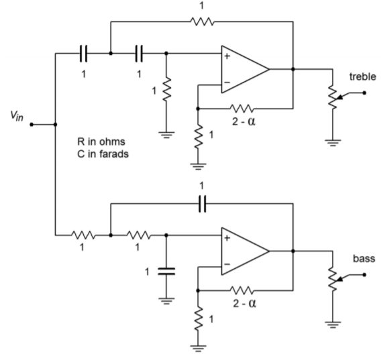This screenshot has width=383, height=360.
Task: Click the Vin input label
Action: click(17, 116)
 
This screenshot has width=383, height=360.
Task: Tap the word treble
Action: click(362, 76)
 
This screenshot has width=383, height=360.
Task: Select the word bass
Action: click(364, 259)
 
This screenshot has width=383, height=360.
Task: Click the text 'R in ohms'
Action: click(101, 141)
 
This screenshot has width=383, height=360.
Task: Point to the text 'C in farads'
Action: click(103, 154)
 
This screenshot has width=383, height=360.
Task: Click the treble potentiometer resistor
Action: click(333, 97)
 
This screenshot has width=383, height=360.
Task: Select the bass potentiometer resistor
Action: click(333, 279)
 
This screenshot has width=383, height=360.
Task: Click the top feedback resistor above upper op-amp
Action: click(202, 21)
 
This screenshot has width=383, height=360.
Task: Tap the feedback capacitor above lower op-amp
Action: click(202, 204)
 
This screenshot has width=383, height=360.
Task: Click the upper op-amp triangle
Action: click(245, 69)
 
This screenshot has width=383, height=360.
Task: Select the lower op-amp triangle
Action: click(245, 251)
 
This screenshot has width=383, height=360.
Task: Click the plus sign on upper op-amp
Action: click(227, 56)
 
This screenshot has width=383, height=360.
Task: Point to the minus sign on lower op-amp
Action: click(227, 264)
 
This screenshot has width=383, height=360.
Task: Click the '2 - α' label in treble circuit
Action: click(243, 121)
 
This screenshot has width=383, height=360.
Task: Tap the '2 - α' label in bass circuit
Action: click(245, 304)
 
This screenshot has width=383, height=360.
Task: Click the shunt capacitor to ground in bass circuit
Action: click(166, 271)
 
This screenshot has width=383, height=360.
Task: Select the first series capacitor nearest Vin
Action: click(83, 54)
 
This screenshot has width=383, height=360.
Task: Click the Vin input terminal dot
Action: click(32, 125)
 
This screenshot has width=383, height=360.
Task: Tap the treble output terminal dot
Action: click(364, 93)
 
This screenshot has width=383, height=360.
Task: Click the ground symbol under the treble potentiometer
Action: click(333, 143)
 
